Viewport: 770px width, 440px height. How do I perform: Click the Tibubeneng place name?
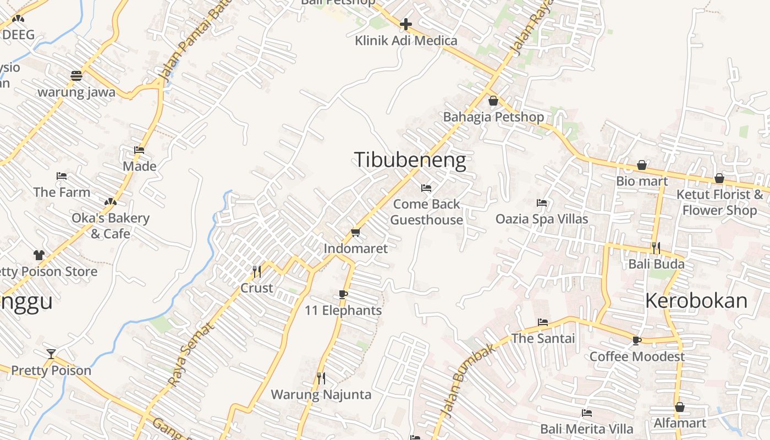click(x=410, y=160)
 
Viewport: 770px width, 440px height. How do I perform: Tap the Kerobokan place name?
click(x=696, y=301)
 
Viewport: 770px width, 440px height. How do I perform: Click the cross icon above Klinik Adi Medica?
click(x=406, y=24)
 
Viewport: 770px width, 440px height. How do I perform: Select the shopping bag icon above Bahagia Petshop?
click(x=493, y=101)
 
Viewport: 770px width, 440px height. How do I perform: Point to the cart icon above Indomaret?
click(x=355, y=233)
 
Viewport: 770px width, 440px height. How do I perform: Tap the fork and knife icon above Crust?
click(x=256, y=271)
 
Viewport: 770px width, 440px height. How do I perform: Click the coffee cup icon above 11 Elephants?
click(x=343, y=294)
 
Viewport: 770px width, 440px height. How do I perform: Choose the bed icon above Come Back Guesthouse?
click(x=426, y=188)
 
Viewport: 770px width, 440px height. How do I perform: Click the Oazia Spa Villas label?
click(x=542, y=219)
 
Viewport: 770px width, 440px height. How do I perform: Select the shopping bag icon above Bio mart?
click(x=641, y=165)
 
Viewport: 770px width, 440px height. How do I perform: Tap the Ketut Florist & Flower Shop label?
click(x=719, y=202)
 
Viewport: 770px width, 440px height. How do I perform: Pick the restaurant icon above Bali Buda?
click(x=656, y=248)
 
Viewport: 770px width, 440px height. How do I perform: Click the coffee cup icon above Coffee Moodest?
click(x=637, y=340)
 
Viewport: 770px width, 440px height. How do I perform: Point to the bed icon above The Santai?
click(x=543, y=322)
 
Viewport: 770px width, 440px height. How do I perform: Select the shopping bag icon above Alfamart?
click(x=680, y=407)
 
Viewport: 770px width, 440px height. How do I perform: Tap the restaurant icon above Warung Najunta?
click(x=321, y=378)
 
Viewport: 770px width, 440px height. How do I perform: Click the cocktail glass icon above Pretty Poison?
click(x=51, y=354)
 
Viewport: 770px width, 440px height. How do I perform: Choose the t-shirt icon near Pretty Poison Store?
click(x=38, y=255)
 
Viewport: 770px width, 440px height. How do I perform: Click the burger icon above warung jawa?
click(x=76, y=75)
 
